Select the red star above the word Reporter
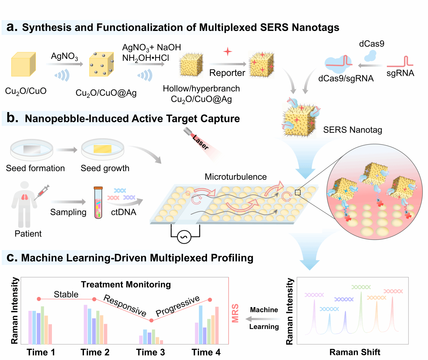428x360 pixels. pyautogui.click(x=228, y=52)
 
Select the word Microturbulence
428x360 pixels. pyautogui.click(x=235, y=177)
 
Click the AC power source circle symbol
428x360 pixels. pyautogui.click(x=184, y=238)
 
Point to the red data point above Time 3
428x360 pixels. pyautogui.click(x=151, y=320)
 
